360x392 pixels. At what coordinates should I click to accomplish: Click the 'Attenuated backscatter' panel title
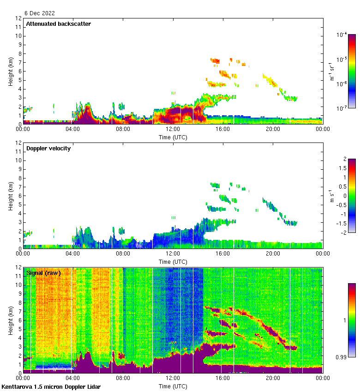(59, 24)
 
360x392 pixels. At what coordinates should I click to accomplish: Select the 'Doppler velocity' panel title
(48, 148)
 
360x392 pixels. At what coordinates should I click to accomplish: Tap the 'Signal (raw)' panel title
(43, 273)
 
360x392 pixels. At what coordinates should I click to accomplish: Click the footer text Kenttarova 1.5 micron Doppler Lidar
(51, 386)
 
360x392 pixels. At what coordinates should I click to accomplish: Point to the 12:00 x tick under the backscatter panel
(173, 129)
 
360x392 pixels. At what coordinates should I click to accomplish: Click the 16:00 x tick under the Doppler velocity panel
(223, 254)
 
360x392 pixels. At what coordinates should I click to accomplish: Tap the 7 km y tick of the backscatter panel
(19, 62)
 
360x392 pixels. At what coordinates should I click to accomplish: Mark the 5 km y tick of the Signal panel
(19, 329)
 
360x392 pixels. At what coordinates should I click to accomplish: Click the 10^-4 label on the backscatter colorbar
(342, 35)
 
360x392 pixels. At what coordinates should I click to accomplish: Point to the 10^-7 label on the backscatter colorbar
(342, 108)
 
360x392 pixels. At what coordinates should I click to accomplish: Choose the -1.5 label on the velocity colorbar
(341, 223)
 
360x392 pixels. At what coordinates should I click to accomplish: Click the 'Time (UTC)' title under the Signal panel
(173, 386)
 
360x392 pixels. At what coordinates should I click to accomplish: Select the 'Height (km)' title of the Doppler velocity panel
(10, 196)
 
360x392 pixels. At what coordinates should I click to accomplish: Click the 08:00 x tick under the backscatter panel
(123, 129)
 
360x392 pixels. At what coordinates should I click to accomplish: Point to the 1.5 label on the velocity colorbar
(342, 168)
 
